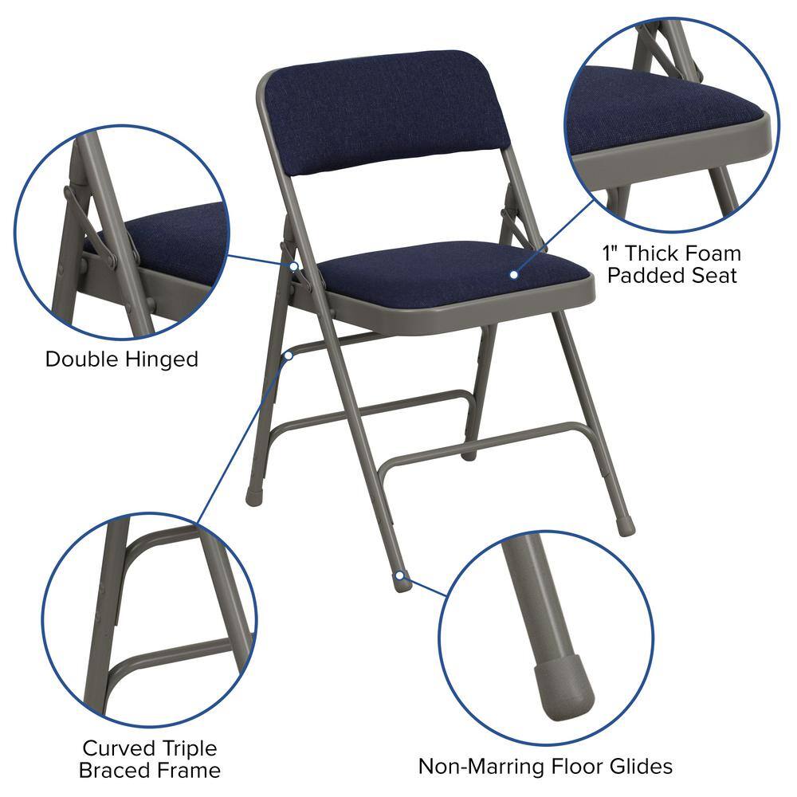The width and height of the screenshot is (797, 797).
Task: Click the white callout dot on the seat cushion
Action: tap(514, 275)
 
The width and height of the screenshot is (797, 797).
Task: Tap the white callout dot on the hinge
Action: tap(294, 266)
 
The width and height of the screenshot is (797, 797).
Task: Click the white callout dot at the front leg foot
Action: tap(397, 574)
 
